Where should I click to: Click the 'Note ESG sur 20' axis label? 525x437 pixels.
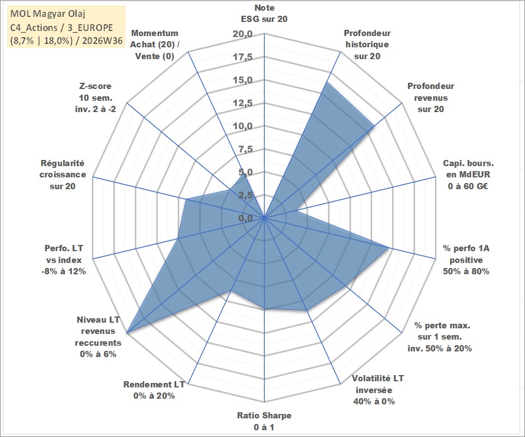pyautogui.click(x=264, y=14)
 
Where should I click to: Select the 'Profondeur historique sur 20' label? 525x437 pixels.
pyautogui.click(x=367, y=44)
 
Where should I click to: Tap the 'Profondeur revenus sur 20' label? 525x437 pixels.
pyautogui.click(x=430, y=97)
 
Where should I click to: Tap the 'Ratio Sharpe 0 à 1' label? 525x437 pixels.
pyautogui.click(x=264, y=421)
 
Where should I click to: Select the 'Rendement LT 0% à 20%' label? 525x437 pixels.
pyautogui.click(x=154, y=390)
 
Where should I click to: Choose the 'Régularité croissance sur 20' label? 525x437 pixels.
pyautogui.click(x=62, y=175)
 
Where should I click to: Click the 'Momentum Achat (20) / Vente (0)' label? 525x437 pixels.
pyautogui.click(x=155, y=44)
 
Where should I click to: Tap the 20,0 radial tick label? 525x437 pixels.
pyautogui.click(x=243, y=34)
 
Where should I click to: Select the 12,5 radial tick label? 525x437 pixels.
pyautogui.click(x=243, y=103)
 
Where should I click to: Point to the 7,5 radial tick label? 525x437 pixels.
pyautogui.click(x=245, y=149)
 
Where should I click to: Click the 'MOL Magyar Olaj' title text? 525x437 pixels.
pyautogui.click(x=48, y=14)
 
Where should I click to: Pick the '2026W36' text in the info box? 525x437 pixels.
pyautogui.click(x=102, y=41)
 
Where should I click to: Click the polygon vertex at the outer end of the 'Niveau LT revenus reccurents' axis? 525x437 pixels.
pyautogui.click(x=127, y=333)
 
